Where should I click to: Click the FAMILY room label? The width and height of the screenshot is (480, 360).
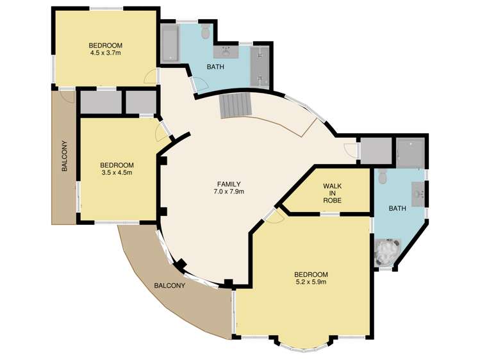point(229,184)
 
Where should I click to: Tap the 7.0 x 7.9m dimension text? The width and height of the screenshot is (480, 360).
point(229,192)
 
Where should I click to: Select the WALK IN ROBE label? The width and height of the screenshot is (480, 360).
point(333,193)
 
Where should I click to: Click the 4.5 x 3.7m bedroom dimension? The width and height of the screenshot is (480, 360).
point(105,53)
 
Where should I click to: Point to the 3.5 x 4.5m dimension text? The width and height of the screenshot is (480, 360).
point(117,172)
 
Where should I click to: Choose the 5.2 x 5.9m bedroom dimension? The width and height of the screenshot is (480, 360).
point(311,282)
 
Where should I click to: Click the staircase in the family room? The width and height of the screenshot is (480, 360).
point(235,106)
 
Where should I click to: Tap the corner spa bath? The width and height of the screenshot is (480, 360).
point(387,252)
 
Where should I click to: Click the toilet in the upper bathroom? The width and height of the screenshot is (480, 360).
point(206,31)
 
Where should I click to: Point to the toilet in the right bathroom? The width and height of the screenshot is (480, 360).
point(382,177)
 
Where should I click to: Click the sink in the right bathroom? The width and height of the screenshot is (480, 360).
point(418,194)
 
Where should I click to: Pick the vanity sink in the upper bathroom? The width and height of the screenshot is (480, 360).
point(226,52)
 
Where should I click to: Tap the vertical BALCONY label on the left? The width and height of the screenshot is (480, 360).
point(64,156)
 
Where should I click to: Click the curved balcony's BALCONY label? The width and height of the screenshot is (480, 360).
point(170,286)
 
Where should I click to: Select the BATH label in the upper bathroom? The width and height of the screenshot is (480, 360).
point(215,67)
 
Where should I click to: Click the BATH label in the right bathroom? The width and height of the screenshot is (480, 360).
point(397,209)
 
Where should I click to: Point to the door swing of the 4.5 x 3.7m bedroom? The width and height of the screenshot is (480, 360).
point(151,76)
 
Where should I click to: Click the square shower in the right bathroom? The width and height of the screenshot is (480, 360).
point(410,152)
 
